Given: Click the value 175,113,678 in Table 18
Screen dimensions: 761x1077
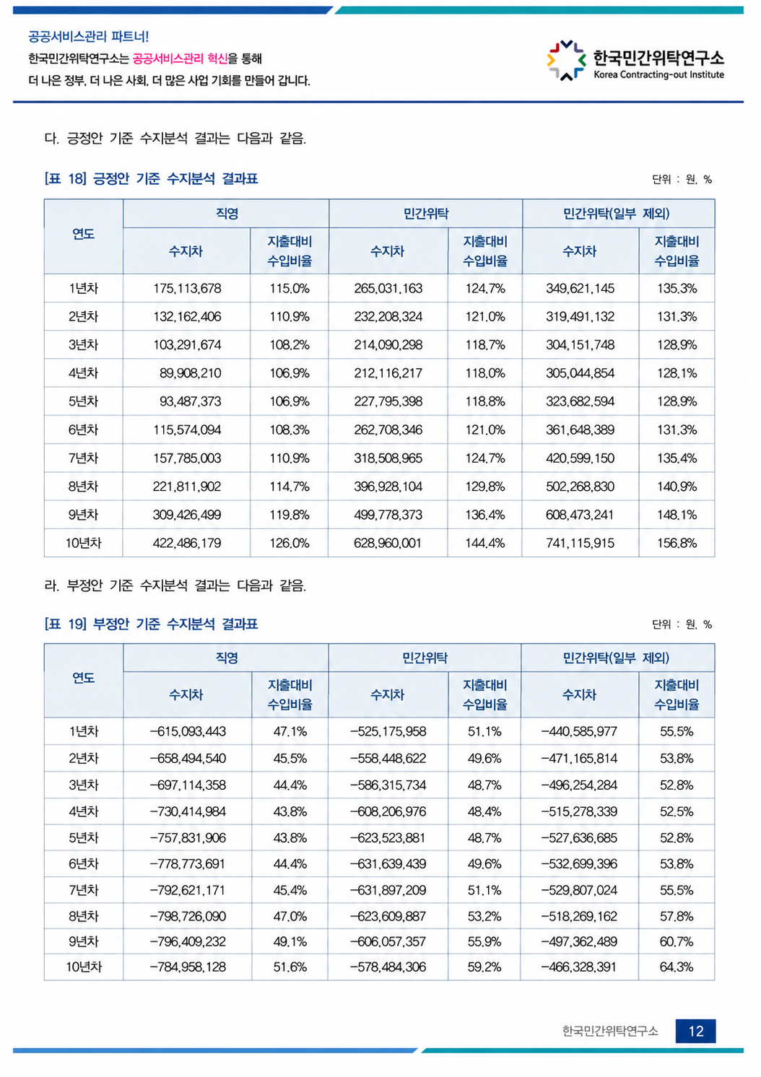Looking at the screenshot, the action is tap(187, 289).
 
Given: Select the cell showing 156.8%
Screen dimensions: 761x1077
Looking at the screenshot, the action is tap(677, 543).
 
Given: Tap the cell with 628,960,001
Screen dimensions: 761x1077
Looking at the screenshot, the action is tap(388, 543).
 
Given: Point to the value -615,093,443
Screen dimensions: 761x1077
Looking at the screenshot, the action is tap(188, 731).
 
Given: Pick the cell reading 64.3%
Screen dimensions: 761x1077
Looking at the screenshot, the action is tap(677, 967).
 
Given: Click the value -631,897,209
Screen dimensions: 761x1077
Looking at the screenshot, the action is tap(388, 890).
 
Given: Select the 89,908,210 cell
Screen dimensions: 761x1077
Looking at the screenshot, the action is tap(191, 373).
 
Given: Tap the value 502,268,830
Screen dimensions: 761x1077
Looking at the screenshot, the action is tap(580, 487).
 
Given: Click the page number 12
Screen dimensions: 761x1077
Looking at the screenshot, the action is tap(695, 1032).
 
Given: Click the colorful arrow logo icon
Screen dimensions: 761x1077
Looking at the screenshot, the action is tap(566, 61).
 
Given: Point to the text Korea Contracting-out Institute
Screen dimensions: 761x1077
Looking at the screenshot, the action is tap(658, 74).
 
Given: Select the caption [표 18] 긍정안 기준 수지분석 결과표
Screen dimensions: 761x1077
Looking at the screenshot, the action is tap(151, 179).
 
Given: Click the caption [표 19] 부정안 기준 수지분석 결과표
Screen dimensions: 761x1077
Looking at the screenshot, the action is tap(151, 624).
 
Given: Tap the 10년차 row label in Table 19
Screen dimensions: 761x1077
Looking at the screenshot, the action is tap(84, 967).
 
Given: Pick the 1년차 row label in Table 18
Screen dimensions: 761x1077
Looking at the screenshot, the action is tap(83, 289).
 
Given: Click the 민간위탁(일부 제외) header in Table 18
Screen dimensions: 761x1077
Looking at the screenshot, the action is tap(616, 214).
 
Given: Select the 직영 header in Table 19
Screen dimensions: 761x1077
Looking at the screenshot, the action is tap(227, 658).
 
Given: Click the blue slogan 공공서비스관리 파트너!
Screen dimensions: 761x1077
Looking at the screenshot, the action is tap(89, 37).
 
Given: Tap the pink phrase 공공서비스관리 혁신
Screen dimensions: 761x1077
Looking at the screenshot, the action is tap(180, 58).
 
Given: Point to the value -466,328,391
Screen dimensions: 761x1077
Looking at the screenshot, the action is tap(578, 967).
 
